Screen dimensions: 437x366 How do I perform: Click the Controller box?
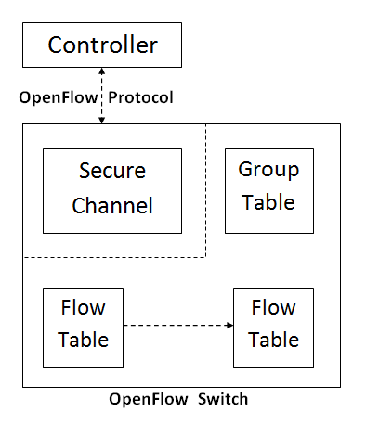[101, 45]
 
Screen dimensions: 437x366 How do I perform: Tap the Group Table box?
[269, 190]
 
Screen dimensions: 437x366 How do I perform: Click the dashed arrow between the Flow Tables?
[176, 326]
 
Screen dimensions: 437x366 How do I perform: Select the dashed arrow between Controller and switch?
[101, 96]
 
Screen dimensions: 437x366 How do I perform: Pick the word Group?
[269, 172]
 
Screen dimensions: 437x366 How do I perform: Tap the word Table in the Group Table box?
[269, 202]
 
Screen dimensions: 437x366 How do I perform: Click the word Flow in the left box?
[83, 308]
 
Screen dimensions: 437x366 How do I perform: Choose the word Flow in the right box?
[273, 308]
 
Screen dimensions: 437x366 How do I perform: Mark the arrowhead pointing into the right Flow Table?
[229, 326]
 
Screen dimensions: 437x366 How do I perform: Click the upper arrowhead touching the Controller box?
[101, 71]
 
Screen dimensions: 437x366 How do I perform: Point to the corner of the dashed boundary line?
[204, 256]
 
